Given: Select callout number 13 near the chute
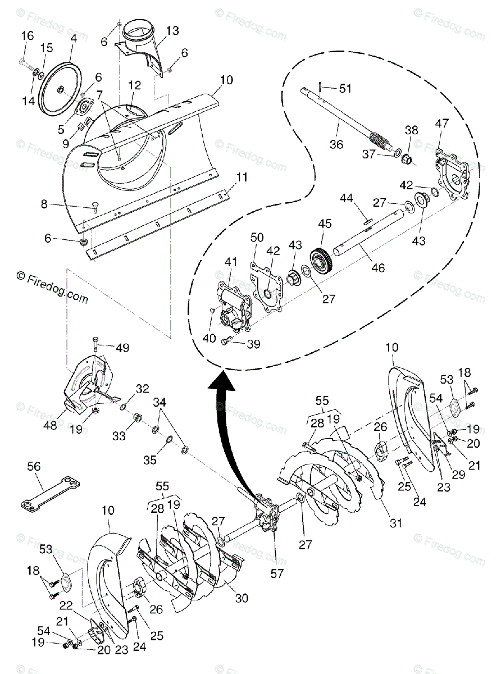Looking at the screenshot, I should coord(172,30).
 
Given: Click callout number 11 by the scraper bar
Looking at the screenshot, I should coord(242,177).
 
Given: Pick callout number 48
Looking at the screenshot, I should coord(50,426).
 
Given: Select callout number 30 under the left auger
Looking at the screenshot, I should coord(242,599).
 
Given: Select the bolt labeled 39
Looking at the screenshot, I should coord(227,341).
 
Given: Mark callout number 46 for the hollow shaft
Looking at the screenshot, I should coord(378,268).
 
